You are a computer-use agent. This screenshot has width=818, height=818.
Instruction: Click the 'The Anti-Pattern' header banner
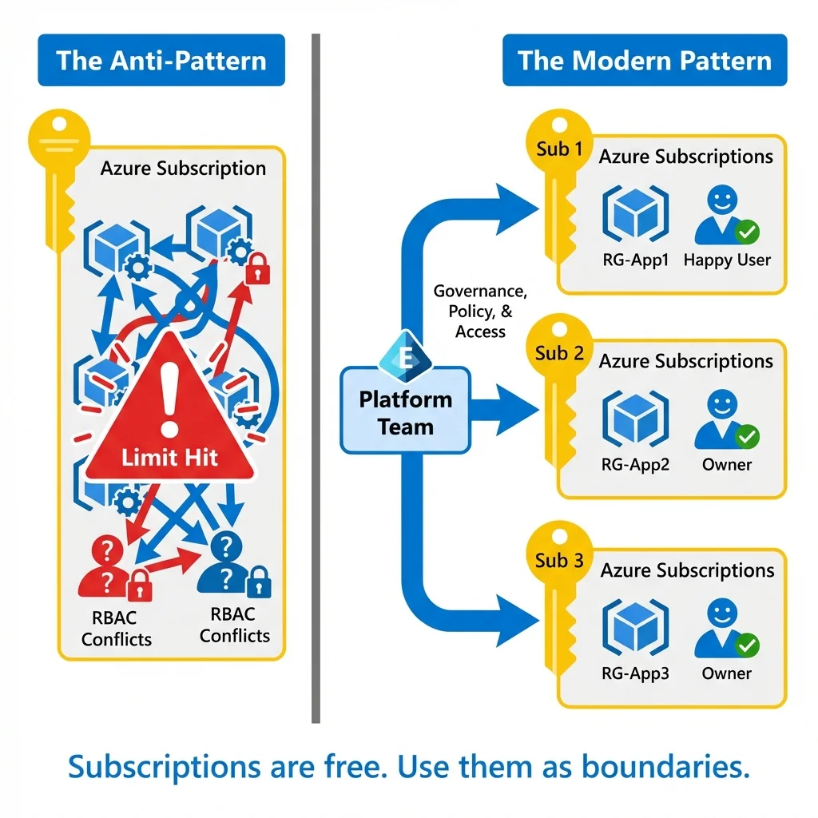(x=161, y=61)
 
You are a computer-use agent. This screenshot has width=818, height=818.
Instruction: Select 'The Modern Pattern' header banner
(x=645, y=61)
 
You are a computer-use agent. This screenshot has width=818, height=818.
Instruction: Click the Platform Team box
(x=405, y=411)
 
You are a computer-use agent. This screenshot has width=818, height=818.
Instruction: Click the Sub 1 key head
(x=558, y=149)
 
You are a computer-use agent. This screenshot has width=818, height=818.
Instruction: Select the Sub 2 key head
(x=558, y=352)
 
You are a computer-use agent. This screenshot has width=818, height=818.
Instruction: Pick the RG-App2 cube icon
(x=636, y=419)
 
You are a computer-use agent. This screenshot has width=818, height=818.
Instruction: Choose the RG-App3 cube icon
(x=636, y=627)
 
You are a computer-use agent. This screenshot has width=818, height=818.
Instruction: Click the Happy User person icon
(x=723, y=216)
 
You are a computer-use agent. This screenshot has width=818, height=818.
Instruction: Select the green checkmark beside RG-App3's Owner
(x=747, y=645)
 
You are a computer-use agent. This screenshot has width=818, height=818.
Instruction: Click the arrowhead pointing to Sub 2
(x=518, y=411)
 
